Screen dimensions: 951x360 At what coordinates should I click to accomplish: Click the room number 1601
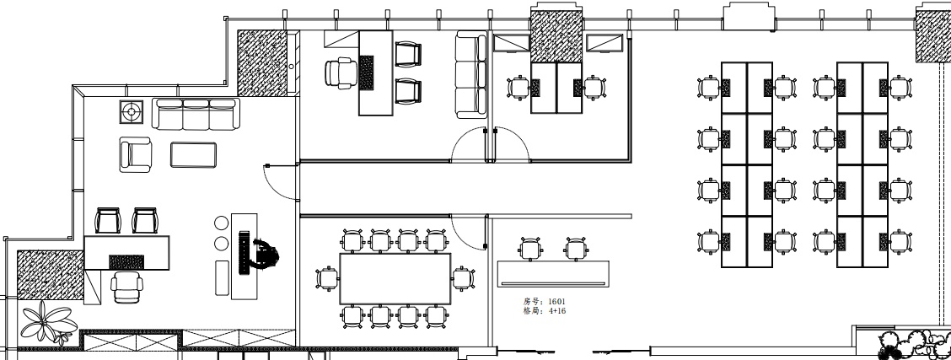556,301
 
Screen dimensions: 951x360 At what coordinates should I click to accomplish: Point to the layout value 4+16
556,311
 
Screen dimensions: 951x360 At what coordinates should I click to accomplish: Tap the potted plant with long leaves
49,321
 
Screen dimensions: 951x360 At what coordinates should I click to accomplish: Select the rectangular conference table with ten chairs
395,279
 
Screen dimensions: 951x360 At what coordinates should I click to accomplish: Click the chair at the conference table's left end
327,279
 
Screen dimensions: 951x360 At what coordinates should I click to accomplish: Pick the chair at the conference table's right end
463,279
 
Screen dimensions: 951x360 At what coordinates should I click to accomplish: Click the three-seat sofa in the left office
196,114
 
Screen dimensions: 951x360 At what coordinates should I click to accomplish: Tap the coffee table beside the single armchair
193,154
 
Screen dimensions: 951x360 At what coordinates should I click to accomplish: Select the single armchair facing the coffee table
135,154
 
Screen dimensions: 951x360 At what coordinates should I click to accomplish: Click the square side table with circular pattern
131,112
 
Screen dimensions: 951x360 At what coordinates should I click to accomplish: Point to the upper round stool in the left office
222,223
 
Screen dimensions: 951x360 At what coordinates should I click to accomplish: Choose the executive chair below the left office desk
127,287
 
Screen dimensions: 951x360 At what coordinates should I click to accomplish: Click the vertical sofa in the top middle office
471,74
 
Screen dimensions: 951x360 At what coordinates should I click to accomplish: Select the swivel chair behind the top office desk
341,73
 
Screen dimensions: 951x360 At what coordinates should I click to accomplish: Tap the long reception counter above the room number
553,273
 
